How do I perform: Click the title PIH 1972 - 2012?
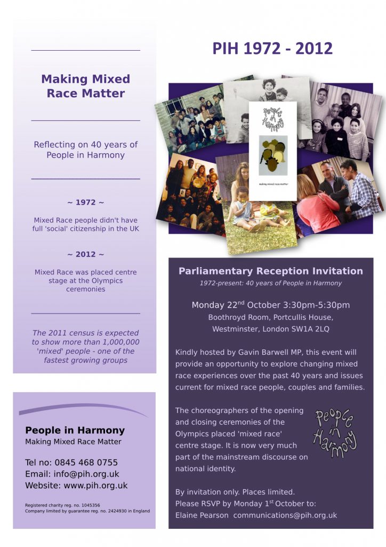coord(272,49)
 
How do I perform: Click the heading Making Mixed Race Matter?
coord(85,86)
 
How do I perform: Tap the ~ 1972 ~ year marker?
coord(85,202)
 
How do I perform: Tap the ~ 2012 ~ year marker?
coord(85,254)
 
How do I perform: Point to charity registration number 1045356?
coord(89,505)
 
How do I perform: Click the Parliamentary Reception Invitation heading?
coord(270,271)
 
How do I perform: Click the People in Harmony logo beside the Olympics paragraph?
coord(335,434)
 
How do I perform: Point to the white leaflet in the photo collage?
coord(272,151)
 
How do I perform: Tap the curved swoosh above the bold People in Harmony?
coord(83,410)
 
